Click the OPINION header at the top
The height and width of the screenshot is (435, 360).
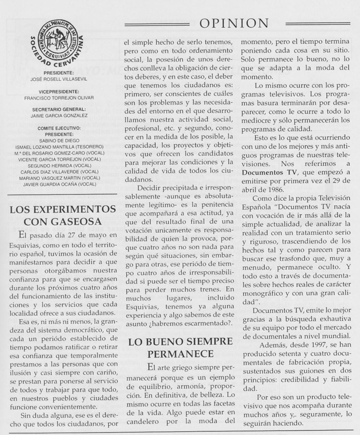(234, 23)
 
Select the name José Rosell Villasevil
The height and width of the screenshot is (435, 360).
(62, 79)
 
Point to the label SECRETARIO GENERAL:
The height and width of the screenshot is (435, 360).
(62, 109)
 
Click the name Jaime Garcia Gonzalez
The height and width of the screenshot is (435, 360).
(62, 116)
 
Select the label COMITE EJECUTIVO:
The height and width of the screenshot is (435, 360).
(62, 129)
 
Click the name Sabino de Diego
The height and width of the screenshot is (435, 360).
(62, 141)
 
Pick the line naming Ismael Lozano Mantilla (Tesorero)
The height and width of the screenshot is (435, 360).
(62, 147)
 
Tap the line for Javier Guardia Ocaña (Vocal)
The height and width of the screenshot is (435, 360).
(62, 184)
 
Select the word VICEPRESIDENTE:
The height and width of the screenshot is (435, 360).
(62, 92)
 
